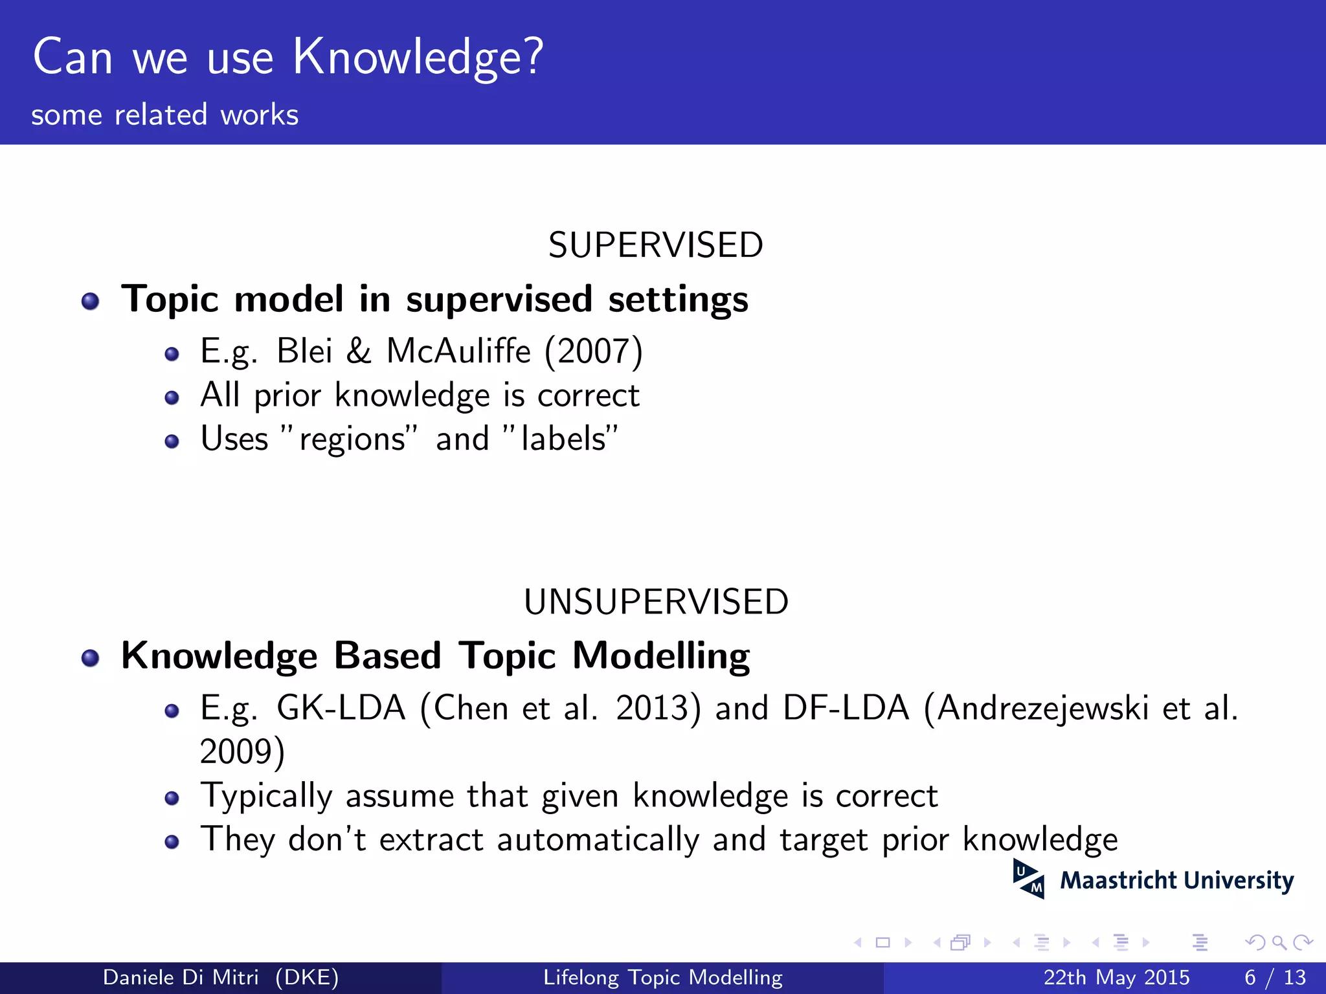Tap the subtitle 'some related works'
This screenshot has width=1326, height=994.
[164, 115]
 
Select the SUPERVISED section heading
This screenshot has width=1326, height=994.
[655, 245]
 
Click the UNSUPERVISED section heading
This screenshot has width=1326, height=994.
[655, 602]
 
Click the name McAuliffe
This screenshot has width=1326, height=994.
[458, 351]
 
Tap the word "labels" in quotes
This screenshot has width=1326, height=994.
[562, 439]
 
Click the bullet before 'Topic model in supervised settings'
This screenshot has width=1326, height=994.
[91, 302]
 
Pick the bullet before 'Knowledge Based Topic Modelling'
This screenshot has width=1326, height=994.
[91, 658]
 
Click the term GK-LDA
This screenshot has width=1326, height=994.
[341, 708]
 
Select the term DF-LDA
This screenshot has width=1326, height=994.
[846, 708]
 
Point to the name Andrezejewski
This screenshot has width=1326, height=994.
[1042, 708]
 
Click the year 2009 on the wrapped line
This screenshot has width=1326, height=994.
[236, 752]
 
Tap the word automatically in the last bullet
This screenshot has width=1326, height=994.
[598, 840]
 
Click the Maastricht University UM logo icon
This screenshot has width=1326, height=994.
[1028, 879]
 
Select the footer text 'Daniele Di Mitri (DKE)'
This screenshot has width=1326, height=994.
[220, 977]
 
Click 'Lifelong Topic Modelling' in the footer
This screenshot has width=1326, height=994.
[662, 977]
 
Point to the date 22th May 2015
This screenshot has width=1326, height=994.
[1116, 977]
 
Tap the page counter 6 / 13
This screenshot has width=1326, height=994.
[1275, 977]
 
